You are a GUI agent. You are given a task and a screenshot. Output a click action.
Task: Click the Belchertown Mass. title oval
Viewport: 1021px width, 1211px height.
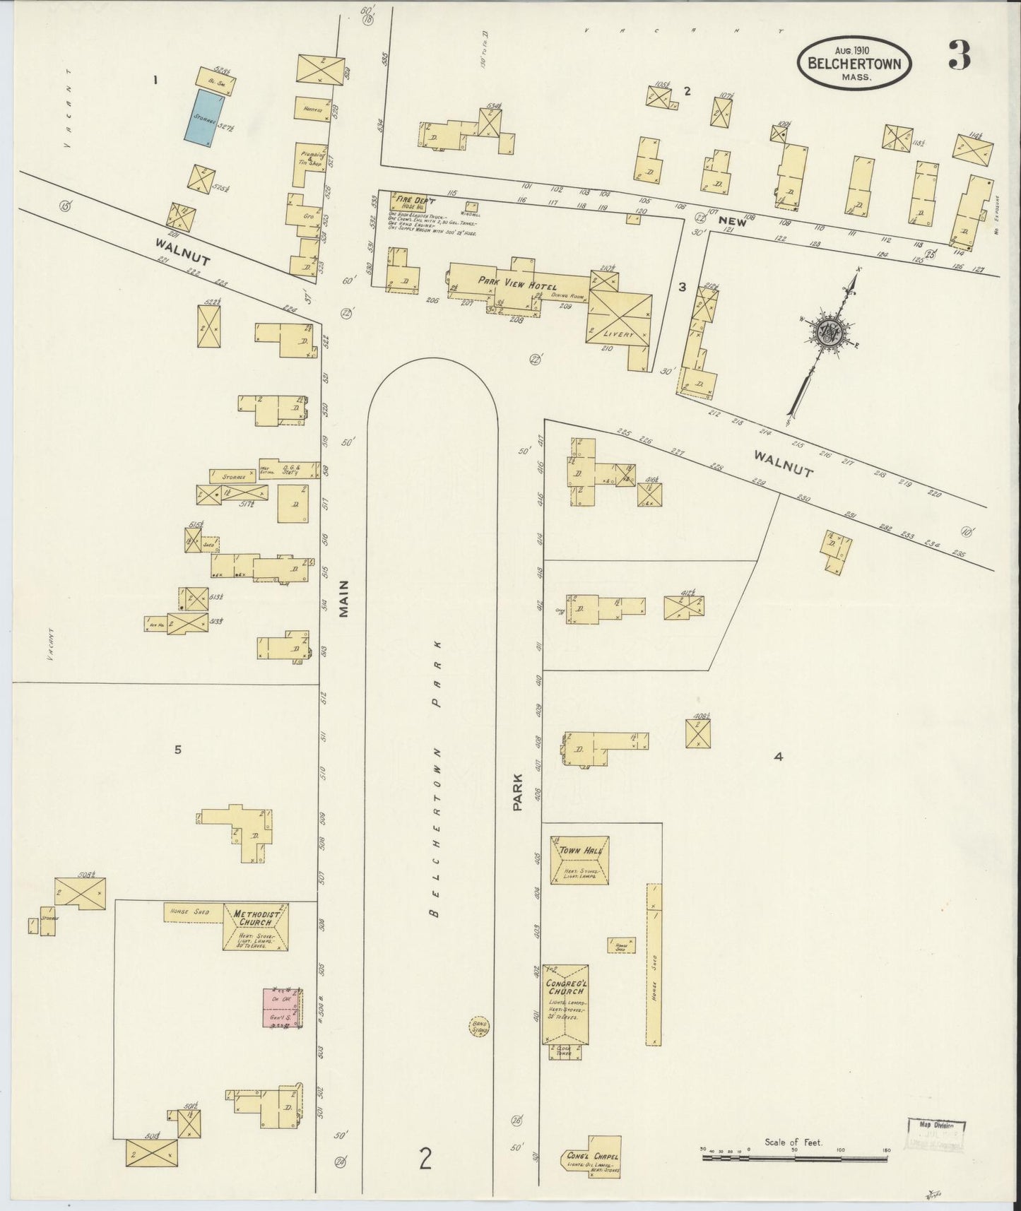pyautogui.click(x=854, y=63)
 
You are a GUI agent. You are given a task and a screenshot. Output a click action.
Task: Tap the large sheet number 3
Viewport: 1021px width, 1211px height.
pyautogui.click(x=959, y=56)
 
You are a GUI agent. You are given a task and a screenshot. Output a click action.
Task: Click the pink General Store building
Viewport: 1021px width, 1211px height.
pyautogui.click(x=282, y=1008)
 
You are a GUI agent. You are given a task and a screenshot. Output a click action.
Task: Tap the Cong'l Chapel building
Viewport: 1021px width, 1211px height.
pyautogui.click(x=593, y=1157)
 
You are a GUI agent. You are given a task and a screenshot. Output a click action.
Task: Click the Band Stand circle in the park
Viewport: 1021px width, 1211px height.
pyautogui.click(x=480, y=1026)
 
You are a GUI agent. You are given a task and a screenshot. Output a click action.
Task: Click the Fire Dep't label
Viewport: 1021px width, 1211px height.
pyautogui.click(x=415, y=201)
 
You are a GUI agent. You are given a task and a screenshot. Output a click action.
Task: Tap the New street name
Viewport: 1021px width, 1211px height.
pyautogui.click(x=732, y=221)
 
